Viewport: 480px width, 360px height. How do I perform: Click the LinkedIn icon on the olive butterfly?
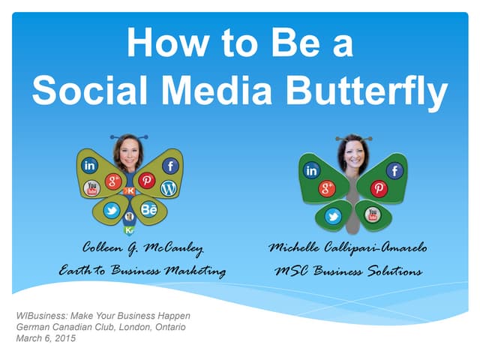point(89,165)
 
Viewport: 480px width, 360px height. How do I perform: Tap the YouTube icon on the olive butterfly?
point(92,187)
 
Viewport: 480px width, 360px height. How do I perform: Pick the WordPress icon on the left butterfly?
point(168,188)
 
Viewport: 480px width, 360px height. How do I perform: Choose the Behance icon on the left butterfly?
point(148,210)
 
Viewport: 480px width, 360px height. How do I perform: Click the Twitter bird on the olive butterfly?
point(111,211)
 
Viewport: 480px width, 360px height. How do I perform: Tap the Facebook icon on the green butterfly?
point(394,171)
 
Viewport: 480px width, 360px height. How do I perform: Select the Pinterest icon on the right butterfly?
point(379,189)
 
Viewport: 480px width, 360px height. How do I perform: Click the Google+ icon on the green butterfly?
point(328,188)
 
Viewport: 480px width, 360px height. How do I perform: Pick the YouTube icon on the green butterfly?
point(372,214)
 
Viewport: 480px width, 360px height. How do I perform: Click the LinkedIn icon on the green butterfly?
point(311,171)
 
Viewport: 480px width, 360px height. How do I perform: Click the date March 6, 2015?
point(46,338)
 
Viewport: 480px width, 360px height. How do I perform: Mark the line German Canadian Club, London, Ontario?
point(100,327)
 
